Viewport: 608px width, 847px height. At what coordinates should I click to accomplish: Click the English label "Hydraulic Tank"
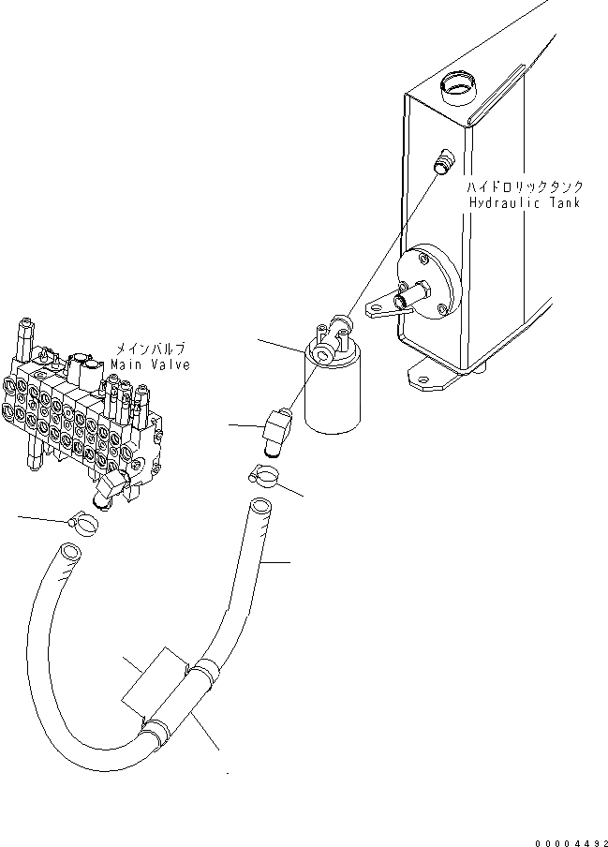524,202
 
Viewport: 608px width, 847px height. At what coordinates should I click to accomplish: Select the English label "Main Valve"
150,364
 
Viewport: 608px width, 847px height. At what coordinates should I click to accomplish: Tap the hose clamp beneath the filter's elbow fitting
265,477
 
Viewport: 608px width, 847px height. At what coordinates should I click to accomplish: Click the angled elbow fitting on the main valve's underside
114,488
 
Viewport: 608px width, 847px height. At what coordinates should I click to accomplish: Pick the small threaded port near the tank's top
444,161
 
